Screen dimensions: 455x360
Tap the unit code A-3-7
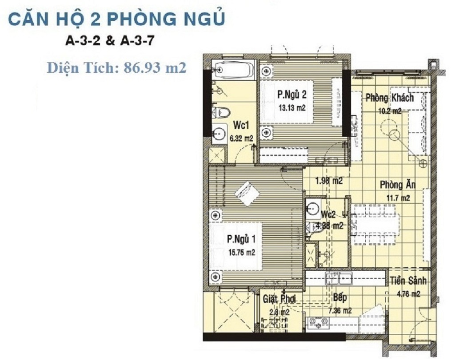pyautogui.click(x=137, y=41)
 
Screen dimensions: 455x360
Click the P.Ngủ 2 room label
pyautogui.click(x=291, y=95)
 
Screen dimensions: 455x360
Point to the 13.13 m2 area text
pyautogui.click(x=292, y=108)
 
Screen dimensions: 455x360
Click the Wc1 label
pyautogui.click(x=241, y=126)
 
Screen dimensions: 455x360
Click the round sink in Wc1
pyautogui.click(x=219, y=134)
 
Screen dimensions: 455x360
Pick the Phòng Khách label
pyautogui.click(x=389, y=98)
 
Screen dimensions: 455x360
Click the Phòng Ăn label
pyautogui.click(x=398, y=185)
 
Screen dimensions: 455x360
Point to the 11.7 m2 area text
pyautogui.click(x=398, y=198)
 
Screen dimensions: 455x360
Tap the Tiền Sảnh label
pyautogui.click(x=408, y=281)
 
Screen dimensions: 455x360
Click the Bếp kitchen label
pyautogui.click(x=340, y=297)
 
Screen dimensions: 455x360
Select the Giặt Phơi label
pyautogui.click(x=279, y=299)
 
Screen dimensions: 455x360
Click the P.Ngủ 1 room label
pyautogui.click(x=241, y=239)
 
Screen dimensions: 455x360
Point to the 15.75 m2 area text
pyautogui.click(x=241, y=253)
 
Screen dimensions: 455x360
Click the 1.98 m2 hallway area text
pyautogui.click(x=329, y=181)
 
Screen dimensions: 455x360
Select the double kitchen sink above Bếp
pyautogui.click(x=339, y=279)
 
